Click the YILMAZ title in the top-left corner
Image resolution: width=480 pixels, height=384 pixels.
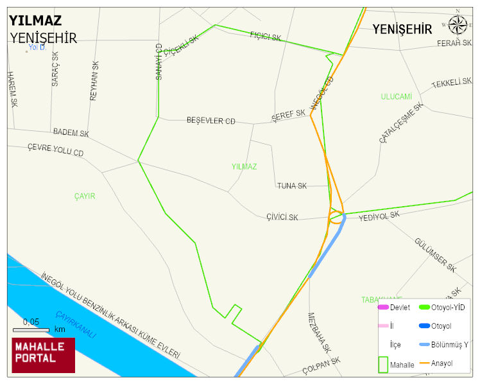tap(35, 19)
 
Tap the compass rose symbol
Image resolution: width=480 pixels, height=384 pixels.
tap(458, 24)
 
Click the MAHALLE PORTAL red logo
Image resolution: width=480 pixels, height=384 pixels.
tap(44, 355)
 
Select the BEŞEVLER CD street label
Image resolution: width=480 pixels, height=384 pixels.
tap(211, 121)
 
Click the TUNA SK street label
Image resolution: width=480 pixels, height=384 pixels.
tap(292, 186)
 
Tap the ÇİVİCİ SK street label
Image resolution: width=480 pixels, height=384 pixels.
tap(282, 218)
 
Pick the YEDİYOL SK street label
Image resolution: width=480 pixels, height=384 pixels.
tap(379, 217)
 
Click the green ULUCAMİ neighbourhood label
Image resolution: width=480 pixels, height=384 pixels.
tap(396, 96)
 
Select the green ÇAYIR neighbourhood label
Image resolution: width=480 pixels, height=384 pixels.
tap(84, 196)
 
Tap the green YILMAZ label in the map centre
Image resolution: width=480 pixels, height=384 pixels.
tap(244, 167)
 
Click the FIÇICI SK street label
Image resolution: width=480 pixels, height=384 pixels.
tap(266, 37)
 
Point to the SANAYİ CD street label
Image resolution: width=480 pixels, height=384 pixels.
tap(159, 62)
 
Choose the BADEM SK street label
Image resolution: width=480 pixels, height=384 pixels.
tap(71, 133)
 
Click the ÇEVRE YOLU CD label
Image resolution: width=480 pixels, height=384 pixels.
tap(55, 150)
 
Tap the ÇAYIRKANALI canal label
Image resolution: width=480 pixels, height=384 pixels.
tap(75, 325)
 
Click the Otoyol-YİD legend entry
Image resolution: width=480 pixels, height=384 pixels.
tap(448, 308)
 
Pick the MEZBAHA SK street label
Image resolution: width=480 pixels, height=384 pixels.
tap(319, 333)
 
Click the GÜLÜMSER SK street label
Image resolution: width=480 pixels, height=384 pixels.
tap(434, 254)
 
